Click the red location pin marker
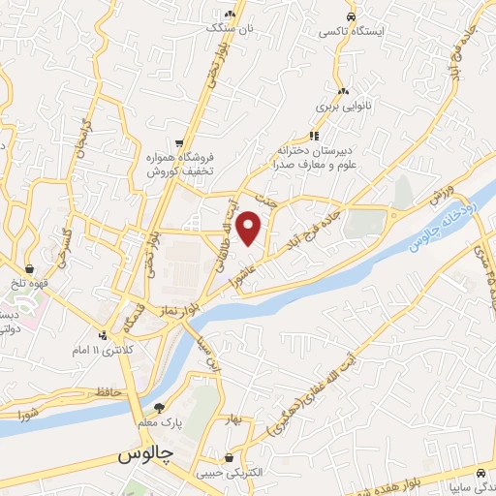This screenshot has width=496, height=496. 250,228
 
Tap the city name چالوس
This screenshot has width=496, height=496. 145,454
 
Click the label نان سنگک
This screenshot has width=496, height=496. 232,29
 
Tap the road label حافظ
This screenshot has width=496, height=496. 108,391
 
